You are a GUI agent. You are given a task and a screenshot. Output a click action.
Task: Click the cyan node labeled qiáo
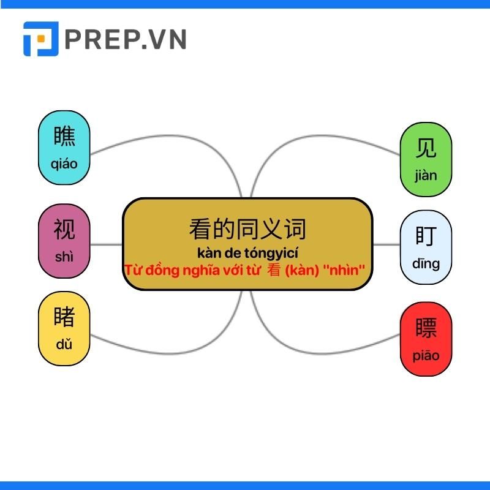pyautogui.click(x=64, y=148)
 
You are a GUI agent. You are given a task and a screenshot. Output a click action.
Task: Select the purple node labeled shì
pyautogui.click(x=64, y=241)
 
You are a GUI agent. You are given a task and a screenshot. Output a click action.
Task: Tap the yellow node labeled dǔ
pyautogui.click(x=64, y=328)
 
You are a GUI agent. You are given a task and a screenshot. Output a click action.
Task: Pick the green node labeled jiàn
pyautogui.click(x=426, y=159)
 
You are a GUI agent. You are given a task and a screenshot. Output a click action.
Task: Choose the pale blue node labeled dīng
pyautogui.click(x=426, y=247)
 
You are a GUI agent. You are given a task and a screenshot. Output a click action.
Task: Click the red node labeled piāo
pyautogui.click(x=426, y=339)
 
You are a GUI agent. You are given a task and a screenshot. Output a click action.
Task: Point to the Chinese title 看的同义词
pyautogui.click(x=247, y=229)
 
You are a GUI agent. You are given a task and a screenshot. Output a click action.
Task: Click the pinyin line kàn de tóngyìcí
pyautogui.click(x=247, y=253)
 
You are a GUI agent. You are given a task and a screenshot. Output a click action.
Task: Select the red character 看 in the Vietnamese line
pyautogui.click(x=274, y=270)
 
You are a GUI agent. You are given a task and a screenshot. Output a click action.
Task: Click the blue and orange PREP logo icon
pyautogui.click(x=41, y=39)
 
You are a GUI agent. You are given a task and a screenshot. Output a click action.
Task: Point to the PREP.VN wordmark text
pyautogui.click(x=126, y=39)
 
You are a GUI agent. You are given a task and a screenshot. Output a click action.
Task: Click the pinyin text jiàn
pyautogui.click(x=426, y=176)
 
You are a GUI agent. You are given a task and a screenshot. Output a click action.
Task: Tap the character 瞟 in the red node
pyautogui.click(x=426, y=328)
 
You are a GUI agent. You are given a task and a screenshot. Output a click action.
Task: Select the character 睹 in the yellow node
pyautogui.click(x=64, y=317)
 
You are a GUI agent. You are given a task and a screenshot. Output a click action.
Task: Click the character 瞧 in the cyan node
pyautogui.click(x=64, y=136)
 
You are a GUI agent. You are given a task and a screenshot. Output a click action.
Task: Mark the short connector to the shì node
pyautogui.click(x=106, y=244)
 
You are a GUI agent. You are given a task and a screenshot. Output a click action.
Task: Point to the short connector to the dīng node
pyautogui.click(x=386, y=244)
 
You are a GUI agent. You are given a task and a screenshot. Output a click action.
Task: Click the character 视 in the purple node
pyautogui.click(x=64, y=229)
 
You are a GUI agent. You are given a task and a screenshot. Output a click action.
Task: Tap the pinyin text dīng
pyautogui.click(x=426, y=264)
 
